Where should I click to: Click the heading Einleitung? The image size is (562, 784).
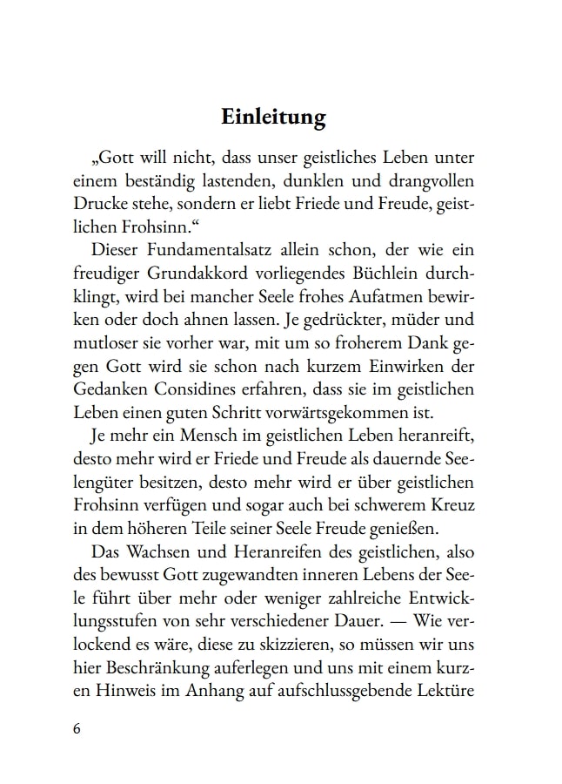[273, 117]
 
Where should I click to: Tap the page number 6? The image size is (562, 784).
[76, 728]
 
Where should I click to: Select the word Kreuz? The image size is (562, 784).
[462, 505]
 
